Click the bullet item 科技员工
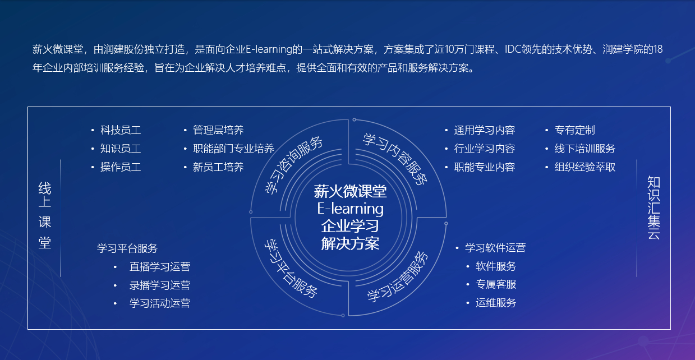pos(121,130)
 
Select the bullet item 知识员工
pos(121,149)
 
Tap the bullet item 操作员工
pos(121,167)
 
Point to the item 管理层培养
pos(218,130)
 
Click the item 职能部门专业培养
pos(234,149)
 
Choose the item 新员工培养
pos(218,167)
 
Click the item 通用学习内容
pos(485,130)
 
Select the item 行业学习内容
pos(485,149)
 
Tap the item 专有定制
pos(574,130)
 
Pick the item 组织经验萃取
pos(585,167)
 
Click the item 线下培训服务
pos(585,149)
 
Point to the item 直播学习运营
pos(160,267)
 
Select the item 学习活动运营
pos(160,303)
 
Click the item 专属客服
pos(496,284)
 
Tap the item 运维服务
pos(496,303)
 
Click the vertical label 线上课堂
pos(45,216)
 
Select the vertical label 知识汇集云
pos(653,207)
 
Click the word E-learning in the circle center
pos(350,209)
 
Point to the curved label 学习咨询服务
pos(293,165)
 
